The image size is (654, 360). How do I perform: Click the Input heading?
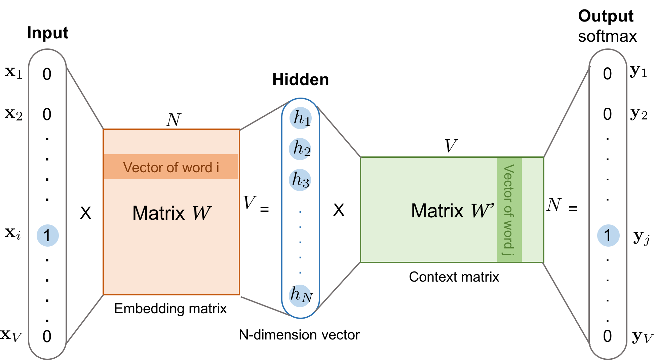[x=47, y=33]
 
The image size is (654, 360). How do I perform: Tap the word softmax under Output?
[x=607, y=36]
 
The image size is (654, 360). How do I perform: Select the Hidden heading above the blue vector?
[x=300, y=80]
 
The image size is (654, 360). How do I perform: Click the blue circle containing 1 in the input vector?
[x=47, y=236]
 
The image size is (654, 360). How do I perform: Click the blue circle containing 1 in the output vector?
[x=608, y=236]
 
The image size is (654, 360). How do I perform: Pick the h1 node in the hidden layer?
[x=301, y=118]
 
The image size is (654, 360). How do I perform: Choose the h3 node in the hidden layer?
[x=300, y=180]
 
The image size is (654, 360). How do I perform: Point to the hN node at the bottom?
[x=300, y=296]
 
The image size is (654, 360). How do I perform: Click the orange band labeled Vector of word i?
[x=171, y=167]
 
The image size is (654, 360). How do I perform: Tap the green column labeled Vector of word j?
[x=509, y=210]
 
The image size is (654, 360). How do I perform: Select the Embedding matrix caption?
[x=170, y=309]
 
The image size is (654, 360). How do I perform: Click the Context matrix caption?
[x=454, y=277]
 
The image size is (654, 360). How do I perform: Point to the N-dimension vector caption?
[x=299, y=335]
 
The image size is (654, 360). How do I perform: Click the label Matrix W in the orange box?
[x=171, y=213]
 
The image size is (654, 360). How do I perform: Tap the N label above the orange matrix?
[x=174, y=120]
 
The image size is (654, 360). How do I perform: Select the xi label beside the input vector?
[x=13, y=233]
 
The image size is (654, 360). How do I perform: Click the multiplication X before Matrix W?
[x=86, y=213]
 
